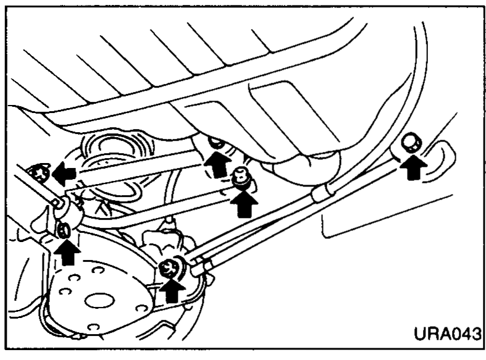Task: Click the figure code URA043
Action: [x=448, y=333]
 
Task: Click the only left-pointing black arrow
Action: [x=64, y=173]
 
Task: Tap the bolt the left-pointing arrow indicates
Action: [x=39, y=173]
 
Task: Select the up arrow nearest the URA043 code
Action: [x=414, y=167]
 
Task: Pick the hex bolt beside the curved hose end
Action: [x=411, y=143]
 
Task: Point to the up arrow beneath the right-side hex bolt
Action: [x=414, y=167]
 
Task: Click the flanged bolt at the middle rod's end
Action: [x=242, y=177]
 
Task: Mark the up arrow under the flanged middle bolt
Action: [x=244, y=204]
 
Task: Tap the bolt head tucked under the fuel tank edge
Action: [x=217, y=143]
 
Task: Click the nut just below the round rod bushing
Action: [x=64, y=230]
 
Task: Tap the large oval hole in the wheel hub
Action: [x=99, y=300]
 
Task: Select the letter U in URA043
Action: [x=421, y=333]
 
